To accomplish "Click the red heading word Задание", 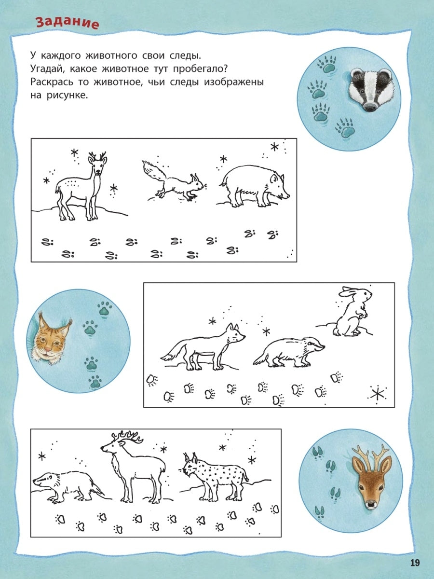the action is pyautogui.click(x=68, y=23).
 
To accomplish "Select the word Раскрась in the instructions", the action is pyautogui.click(x=52, y=82).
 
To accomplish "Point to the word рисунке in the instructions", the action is pyautogui.click(x=67, y=95).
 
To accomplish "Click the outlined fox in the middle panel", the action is pyautogui.click(x=203, y=347).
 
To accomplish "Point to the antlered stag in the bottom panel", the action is pyautogui.click(x=133, y=467).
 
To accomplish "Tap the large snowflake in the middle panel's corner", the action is pyautogui.click(x=377, y=394).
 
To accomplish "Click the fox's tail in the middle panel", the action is pyautogui.click(x=175, y=352).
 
